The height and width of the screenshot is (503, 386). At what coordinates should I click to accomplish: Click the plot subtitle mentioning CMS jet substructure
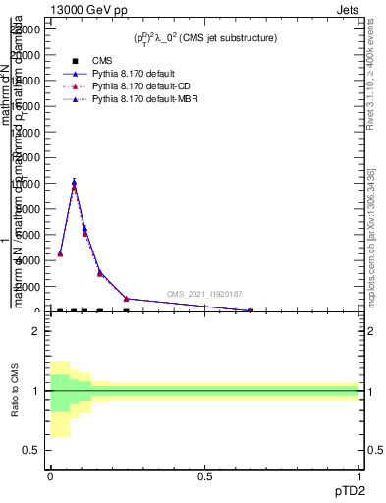tap(205, 38)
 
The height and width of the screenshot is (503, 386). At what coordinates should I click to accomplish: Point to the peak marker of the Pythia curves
tap(74, 182)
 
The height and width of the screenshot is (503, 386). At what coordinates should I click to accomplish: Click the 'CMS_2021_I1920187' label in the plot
tap(204, 294)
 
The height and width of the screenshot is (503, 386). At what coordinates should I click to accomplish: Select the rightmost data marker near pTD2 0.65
tap(249, 310)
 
